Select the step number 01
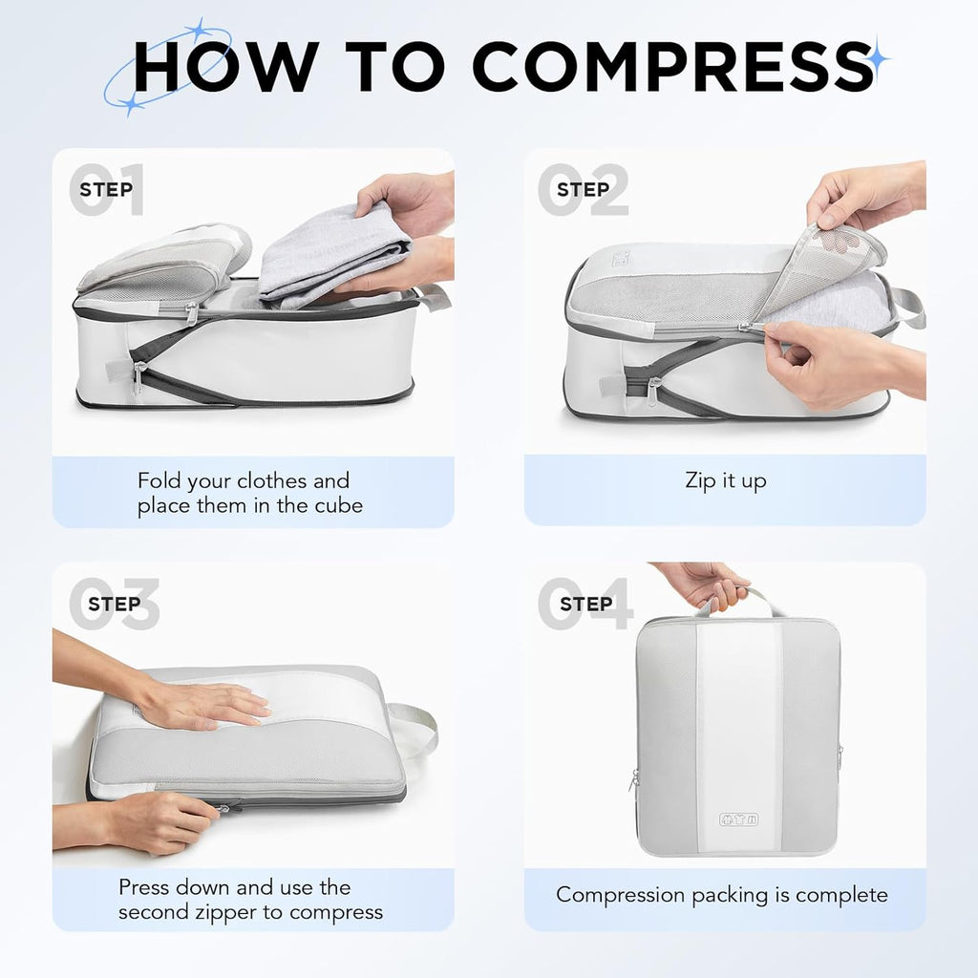(x=107, y=190)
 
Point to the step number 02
(x=583, y=190)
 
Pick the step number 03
(x=113, y=604)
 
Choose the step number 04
(x=585, y=604)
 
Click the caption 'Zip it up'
(x=725, y=480)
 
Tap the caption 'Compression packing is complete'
(x=722, y=895)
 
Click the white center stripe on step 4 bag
(x=737, y=726)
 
